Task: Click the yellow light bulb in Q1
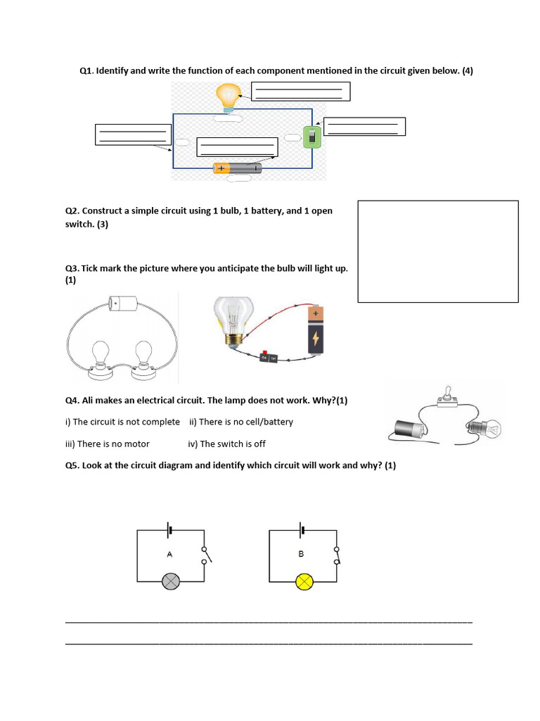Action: (228, 96)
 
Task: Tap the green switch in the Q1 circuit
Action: (312, 137)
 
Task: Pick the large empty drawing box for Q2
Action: (438, 251)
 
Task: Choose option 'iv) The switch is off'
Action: (226, 444)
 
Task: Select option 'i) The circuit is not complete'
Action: (122, 422)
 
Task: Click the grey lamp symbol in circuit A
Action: (171, 582)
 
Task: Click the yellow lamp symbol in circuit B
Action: (304, 582)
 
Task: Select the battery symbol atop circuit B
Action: (302, 530)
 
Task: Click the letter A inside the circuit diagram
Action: (169, 555)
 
